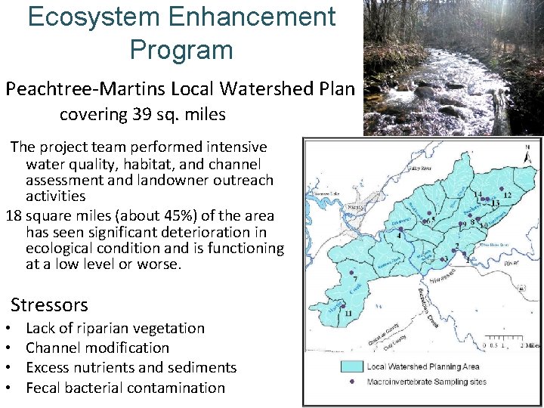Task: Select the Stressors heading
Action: pos(49,305)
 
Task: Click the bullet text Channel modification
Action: pos(97,348)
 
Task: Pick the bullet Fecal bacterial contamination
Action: pos(125,388)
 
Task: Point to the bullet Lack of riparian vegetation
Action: pos(115,328)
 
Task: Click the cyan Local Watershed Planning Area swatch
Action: pos(348,366)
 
